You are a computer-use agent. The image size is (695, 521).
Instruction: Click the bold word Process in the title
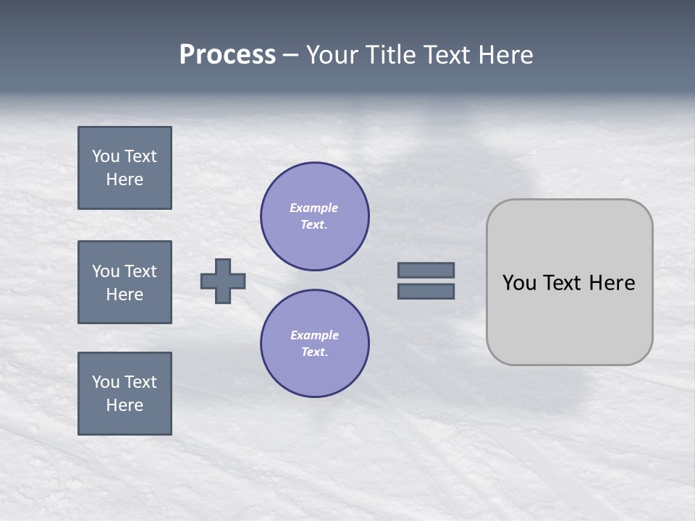pyautogui.click(x=227, y=55)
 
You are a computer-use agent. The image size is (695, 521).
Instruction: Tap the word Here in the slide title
pyautogui.click(x=504, y=55)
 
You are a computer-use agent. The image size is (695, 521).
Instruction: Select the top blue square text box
pyautogui.click(x=125, y=168)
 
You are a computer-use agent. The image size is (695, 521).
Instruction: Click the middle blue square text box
pyautogui.click(x=125, y=282)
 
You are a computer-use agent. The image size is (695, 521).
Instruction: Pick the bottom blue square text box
pyautogui.click(x=125, y=394)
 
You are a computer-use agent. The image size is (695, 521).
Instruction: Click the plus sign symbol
pyautogui.click(x=223, y=281)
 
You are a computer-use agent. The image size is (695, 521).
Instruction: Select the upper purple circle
pyautogui.click(x=315, y=216)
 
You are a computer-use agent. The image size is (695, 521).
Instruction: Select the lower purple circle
pyautogui.click(x=315, y=344)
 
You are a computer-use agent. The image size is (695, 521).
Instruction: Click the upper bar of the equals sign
pyautogui.click(x=426, y=270)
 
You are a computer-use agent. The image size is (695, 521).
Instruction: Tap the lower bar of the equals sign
pyautogui.click(x=426, y=291)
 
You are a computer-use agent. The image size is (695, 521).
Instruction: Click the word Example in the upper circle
pyautogui.click(x=314, y=208)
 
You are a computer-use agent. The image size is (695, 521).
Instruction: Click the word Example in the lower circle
pyautogui.click(x=314, y=335)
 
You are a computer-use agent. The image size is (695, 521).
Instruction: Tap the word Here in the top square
pyautogui.click(x=125, y=179)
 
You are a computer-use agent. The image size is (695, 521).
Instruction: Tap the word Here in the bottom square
pyautogui.click(x=125, y=405)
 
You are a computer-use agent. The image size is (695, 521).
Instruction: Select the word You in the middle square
pyautogui.click(x=106, y=271)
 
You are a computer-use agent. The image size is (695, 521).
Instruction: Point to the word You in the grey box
pyautogui.click(x=519, y=283)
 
